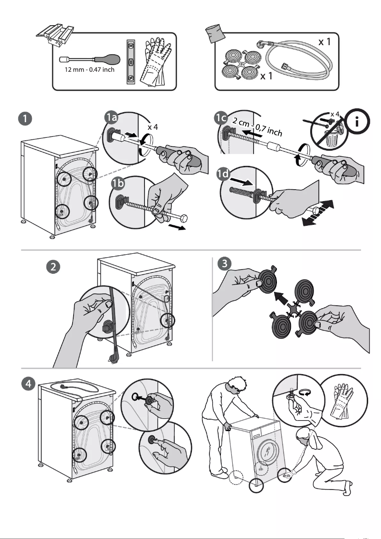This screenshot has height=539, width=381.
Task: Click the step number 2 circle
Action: pyautogui.click(x=55, y=267)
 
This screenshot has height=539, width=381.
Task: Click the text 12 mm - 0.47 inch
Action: pyautogui.click(x=89, y=70)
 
